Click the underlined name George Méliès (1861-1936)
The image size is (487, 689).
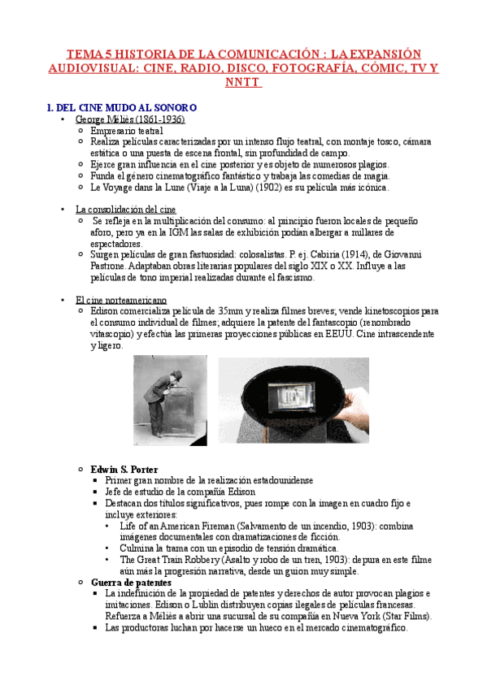point(130,119)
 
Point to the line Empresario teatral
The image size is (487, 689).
point(127,130)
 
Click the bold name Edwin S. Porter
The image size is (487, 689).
point(124,470)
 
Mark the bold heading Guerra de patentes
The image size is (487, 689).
point(131,583)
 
